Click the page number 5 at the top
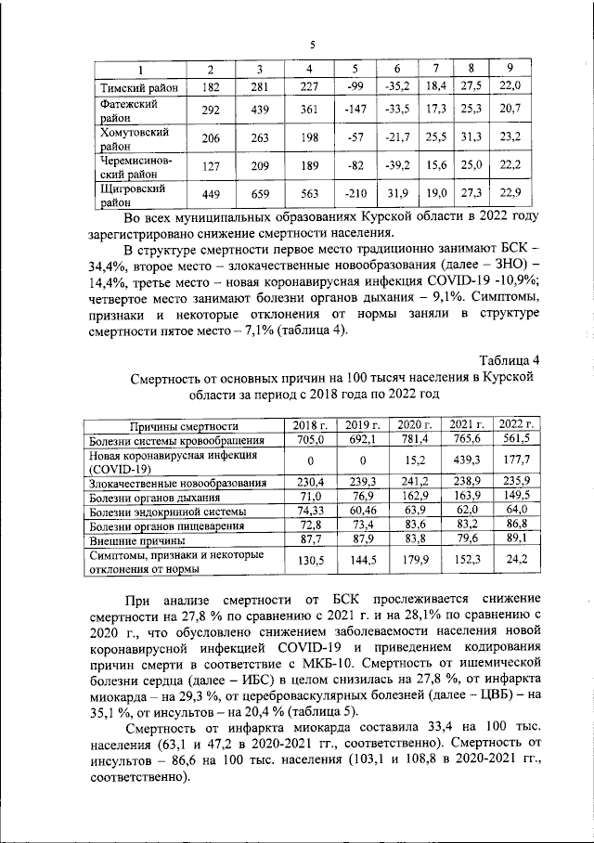coord(312,45)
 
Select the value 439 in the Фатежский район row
coord(261,111)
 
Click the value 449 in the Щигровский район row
coord(210,192)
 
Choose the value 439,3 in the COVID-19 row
coord(467,460)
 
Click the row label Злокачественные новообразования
coord(177,482)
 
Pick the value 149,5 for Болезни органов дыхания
coord(518,497)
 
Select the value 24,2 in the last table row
coord(518,561)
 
